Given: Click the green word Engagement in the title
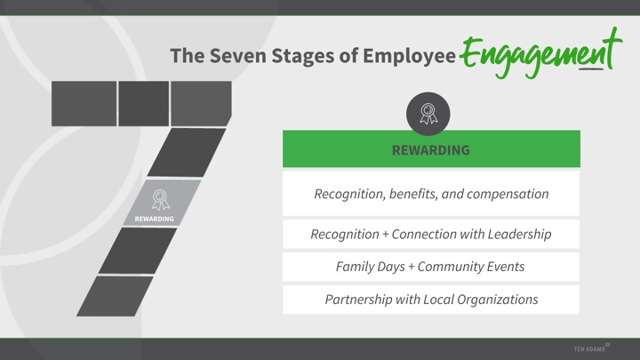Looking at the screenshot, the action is pyautogui.click(x=540, y=53).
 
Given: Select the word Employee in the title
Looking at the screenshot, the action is pyautogui.click(x=409, y=56).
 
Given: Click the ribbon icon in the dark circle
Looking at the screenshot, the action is pyautogui.click(x=428, y=114).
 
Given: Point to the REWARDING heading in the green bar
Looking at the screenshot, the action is pyautogui.click(x=431, y=150).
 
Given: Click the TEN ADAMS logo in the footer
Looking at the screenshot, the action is pyautogui.click(x=591, y=348).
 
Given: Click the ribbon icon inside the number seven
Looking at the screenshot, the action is pyautogui.click(x=161, y=200).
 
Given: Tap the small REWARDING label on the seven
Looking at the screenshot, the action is pyautogui.click(x=155, y=220).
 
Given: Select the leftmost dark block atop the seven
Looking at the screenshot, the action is pyautogui.click(x=84, y=104).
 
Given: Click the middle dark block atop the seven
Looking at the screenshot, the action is pyautogui.click(x=144, y=104).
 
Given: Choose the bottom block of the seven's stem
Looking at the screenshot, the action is pyautogui.click(x=115, y=296).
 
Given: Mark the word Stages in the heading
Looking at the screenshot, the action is pyautogui.click(x=303, y=56).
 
